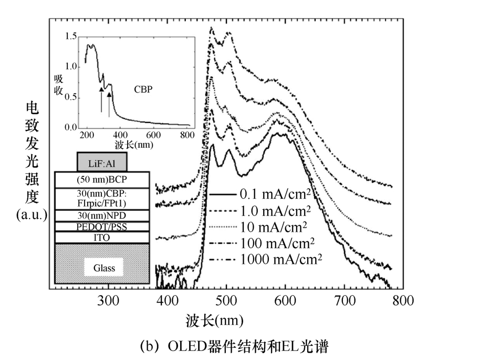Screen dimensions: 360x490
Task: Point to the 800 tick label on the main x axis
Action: pos(403,301)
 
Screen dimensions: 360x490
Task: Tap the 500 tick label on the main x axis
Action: pos(226,301)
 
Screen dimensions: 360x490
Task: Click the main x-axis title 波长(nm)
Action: pos(214,321)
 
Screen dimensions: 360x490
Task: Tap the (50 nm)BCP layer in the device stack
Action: pos(102,179)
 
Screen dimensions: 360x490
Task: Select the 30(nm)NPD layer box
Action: pos(102,214)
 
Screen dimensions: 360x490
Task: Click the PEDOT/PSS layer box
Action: pos(102,227)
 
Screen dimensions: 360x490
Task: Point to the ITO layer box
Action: pos(102,238)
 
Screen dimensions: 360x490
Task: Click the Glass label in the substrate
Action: pos(104,269)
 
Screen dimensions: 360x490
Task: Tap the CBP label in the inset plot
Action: pos(142,89)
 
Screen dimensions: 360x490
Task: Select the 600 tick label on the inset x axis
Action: pos(153,135)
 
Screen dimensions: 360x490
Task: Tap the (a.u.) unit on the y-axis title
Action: pos(31,215)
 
